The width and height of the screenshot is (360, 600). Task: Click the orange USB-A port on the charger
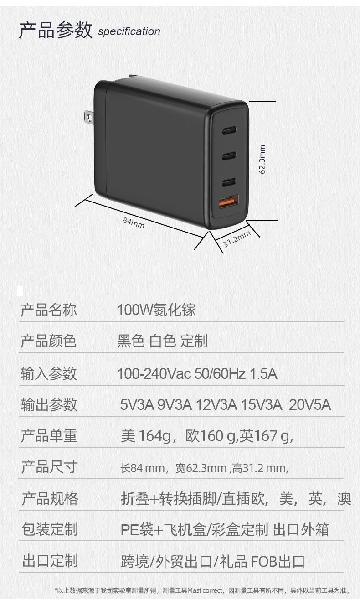(229, 201)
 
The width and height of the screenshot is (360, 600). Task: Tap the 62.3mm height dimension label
(262, 159)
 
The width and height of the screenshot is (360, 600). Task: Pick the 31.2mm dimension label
(237, 238)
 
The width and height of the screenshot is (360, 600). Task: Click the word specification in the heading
(129, 31)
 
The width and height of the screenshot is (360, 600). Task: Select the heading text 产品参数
(55, 30)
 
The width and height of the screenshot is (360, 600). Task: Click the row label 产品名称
(49, 310)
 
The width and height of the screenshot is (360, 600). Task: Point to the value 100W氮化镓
(156, 310)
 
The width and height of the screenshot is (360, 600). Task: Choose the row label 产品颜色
(49, 341)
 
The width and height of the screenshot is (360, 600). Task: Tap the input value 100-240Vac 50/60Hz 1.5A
(197, 374)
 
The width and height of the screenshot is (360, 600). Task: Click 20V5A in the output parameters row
(310, 404)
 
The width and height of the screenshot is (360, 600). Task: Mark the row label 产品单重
(49, 436)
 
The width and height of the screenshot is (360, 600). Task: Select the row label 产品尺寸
(49, 467)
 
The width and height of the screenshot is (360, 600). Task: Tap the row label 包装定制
(50, 529)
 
